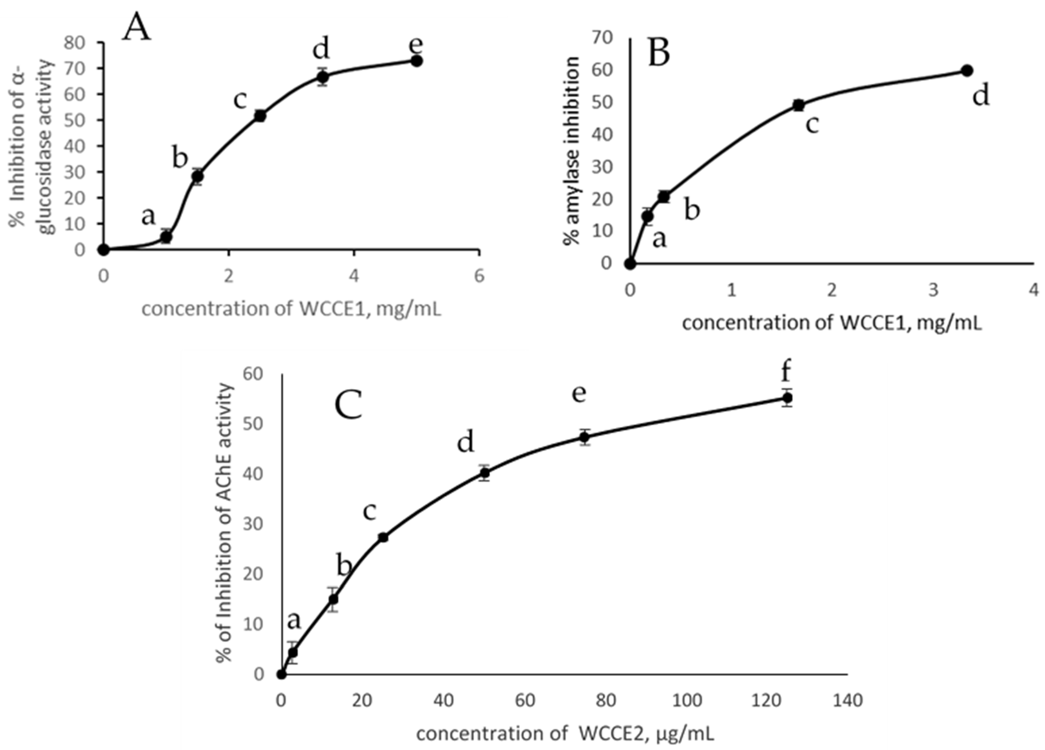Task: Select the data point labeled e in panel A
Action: click(416, 61)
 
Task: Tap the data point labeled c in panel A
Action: click(260, 116)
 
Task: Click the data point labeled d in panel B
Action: click(967, 71)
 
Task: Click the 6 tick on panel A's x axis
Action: click(479, 276)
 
